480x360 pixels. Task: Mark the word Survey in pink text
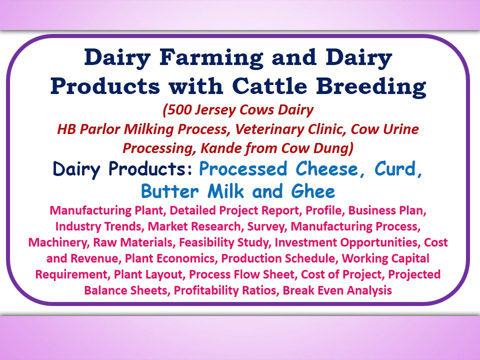point(265,226)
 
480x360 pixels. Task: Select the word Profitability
point(208,290)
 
